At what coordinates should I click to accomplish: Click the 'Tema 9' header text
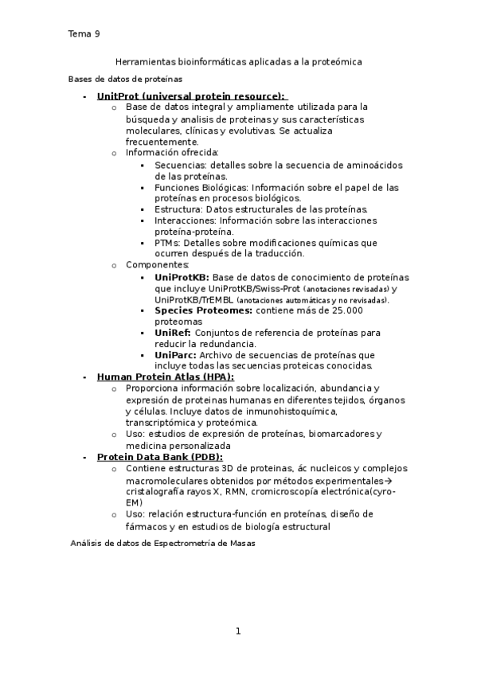84,33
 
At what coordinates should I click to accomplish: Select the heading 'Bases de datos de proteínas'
125,79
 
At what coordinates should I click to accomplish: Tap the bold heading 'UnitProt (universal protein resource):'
190,95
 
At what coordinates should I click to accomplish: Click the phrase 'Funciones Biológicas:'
201,187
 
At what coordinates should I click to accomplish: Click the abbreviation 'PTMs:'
169,243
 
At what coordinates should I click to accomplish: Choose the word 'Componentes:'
158,264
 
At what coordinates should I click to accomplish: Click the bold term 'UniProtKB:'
182,277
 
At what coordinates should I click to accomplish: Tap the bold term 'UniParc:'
175,354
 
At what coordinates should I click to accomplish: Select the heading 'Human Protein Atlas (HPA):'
165,377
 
